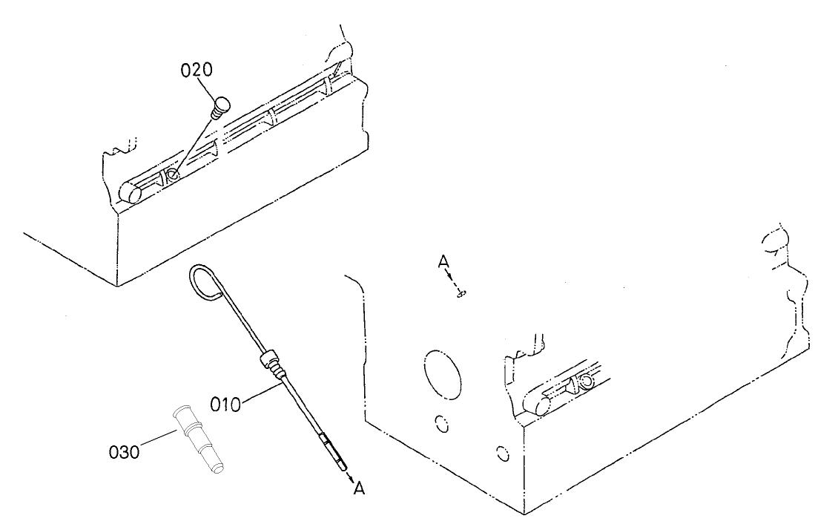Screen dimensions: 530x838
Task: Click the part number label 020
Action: (x=197, y=71)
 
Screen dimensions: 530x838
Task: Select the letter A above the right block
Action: (x=443, y=261)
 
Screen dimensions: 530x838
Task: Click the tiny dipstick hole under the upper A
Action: (x=461, y=295)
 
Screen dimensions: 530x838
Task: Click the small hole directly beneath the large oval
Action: (x=442, y=422)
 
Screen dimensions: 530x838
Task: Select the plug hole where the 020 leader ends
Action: (x=172, y=175)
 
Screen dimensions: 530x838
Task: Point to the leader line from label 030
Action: (x=156, y=439)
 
